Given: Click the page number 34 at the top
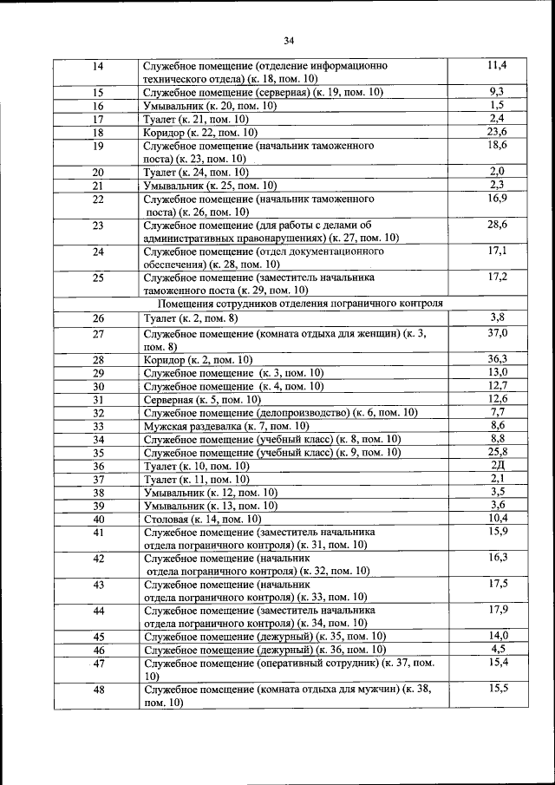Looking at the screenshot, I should (289, 40).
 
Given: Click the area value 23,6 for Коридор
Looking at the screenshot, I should (497, 132).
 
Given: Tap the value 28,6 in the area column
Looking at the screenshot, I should (497, 225).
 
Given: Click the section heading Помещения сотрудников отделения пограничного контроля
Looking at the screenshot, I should (301, 304).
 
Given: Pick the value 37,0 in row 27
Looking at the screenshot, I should (497, 333).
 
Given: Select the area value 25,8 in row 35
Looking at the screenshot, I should (497, 452).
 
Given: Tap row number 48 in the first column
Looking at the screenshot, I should (98, 691).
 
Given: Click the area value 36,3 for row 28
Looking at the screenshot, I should (497, 359).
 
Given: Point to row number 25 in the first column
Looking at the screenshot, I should (98, 278).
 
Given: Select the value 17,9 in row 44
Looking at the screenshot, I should (497, 610).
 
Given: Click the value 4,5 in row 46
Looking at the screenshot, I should (497, 649).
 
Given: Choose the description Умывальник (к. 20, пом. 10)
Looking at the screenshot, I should (211, 105).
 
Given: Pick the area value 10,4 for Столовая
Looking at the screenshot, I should (497, 518).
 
